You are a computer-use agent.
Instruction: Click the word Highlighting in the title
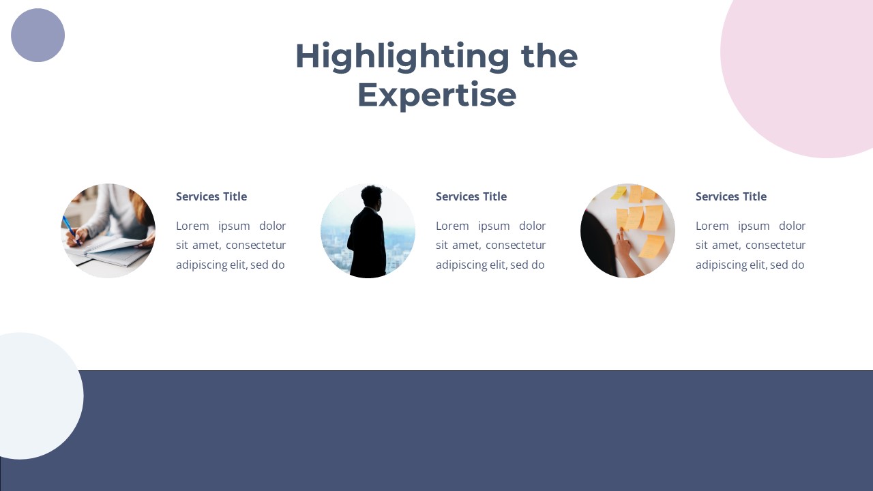[402, 56]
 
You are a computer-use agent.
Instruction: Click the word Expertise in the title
[436, 95]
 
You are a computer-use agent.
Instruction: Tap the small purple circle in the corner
[38, 35]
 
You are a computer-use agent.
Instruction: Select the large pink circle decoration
[812, 68]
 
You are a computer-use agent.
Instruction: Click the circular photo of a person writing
[108, 230]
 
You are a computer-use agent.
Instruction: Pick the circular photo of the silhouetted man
[368, 230]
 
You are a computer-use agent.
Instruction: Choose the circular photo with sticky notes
[627, 230]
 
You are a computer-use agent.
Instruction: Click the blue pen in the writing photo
[70, 227]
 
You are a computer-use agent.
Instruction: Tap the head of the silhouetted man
[372, 196]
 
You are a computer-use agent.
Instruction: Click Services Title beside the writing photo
[211, 196]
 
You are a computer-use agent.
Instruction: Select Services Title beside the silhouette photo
[471, 196]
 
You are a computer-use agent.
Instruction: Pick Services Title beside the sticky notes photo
[731, 196]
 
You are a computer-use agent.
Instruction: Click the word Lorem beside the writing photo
[192, 226]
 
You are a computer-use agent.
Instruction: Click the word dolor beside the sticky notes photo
[792, 226]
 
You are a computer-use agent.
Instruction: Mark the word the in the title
[549, 56]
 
